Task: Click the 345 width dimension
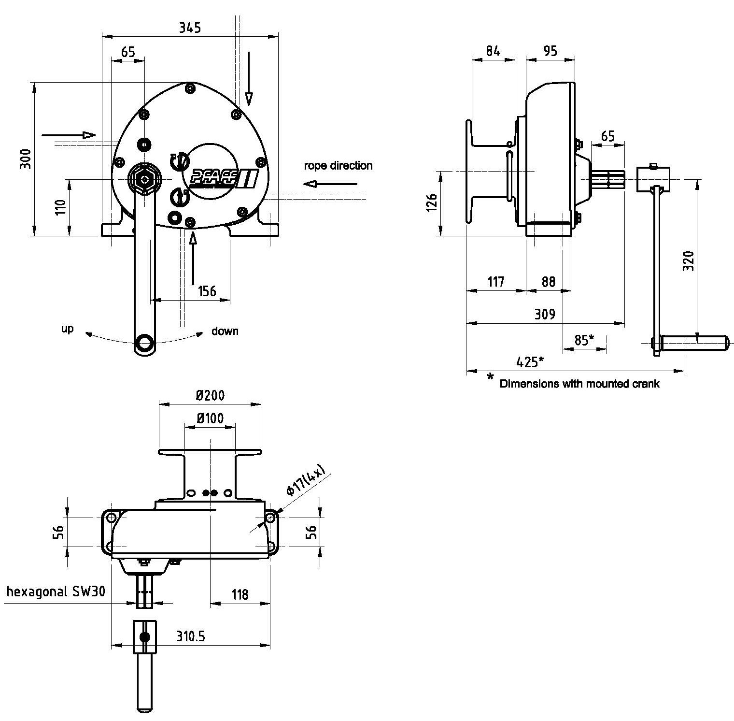[190, 28]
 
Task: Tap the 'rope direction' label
[338, 166]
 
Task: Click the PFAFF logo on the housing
[223, 179]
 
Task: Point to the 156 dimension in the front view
[207, 291]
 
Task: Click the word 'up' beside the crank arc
[67, 329]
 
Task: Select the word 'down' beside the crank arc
[225, 331]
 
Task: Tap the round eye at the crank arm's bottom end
[143, 343]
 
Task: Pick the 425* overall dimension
[530, 362]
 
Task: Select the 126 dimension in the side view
[432, 203]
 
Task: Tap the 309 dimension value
[545, 315]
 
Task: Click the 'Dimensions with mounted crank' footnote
[579, 384]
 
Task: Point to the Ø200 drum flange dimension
[210, 395]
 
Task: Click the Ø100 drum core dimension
[210, 418]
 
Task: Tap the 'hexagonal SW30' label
[56, 592]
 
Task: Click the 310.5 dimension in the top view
[190, 636]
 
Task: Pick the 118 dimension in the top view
[240, 594]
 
